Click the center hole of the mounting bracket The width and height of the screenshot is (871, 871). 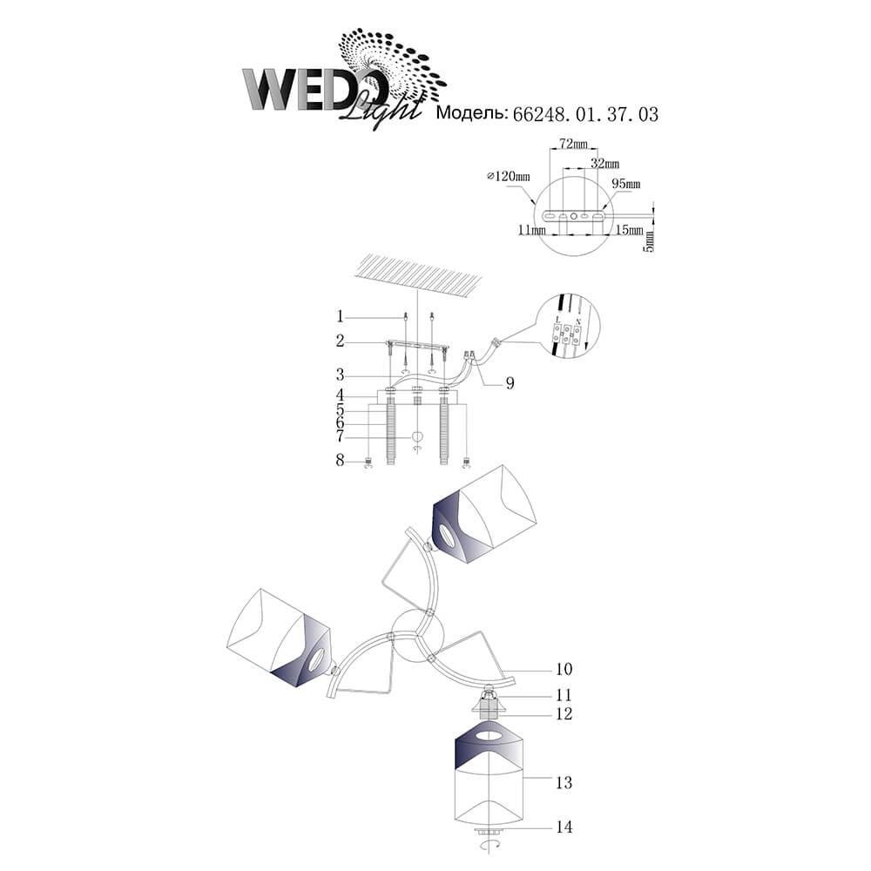tap(574, 215)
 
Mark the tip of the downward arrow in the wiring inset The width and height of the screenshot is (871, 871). tap(585, 348)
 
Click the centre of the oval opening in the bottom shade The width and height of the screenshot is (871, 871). tap(490, 738)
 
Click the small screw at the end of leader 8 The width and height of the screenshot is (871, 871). tap(368, 461)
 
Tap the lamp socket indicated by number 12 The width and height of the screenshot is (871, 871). tap(488, 707)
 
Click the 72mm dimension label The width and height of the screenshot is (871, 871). tap(573, 144)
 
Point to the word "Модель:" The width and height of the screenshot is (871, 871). tap(472, 112)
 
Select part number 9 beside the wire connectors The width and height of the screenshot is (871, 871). tap(510, 383)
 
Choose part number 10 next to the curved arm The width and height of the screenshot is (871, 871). tap(564, 669)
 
